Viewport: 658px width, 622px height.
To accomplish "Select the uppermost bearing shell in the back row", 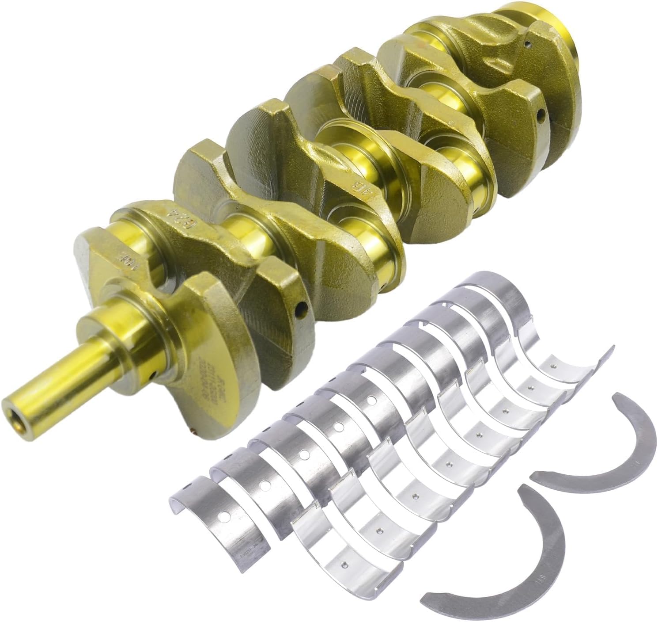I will (490, 287).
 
